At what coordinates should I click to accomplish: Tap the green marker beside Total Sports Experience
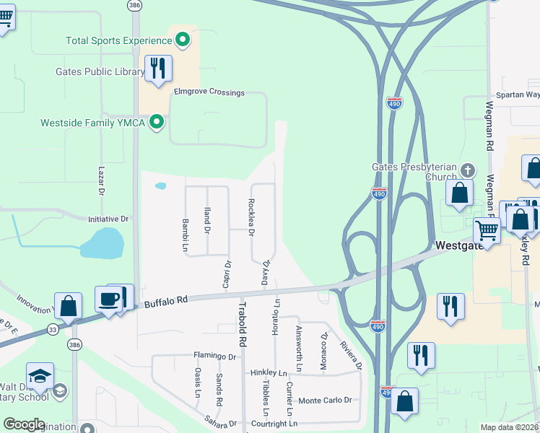tap(183, 40)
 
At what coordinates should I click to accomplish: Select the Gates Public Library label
tap(100, 72)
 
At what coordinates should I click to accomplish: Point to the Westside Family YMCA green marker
tap(156, 123)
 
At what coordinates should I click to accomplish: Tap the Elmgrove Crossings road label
tap(209, 93)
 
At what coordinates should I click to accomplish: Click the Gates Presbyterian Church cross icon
tap(468, 171)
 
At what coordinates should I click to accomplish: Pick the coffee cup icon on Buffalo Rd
tap(109, 299)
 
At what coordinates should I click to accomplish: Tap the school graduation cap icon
tap(40, 375)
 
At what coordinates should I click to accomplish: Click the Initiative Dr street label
tap(108, 219)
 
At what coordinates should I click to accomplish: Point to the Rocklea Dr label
tap(251, 218)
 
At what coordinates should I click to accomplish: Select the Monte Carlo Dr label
tap(325, 401)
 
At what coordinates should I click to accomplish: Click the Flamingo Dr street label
tap(214, 356)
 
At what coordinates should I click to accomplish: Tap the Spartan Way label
tap(517, 95)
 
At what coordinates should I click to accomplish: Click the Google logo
tap(25, 424)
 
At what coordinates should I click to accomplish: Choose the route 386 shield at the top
tap(134, 4)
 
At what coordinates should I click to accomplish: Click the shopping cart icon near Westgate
tap(487, 231)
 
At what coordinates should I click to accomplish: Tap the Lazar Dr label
tap(101, 180)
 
